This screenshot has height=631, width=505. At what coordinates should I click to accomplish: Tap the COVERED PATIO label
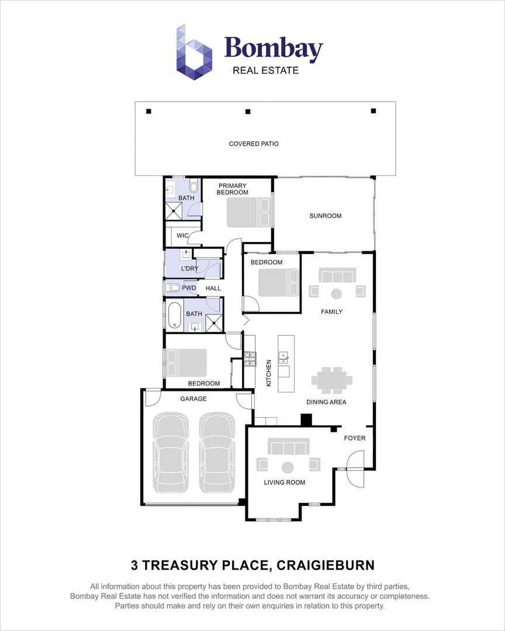click(254, 144)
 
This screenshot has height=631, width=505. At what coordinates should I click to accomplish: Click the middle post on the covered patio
click(248, 111)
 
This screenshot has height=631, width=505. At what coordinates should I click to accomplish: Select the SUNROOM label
click(325, 216)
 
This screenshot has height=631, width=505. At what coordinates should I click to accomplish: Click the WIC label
click(182, 235)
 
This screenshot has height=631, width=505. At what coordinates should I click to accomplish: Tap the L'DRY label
click(189, 269)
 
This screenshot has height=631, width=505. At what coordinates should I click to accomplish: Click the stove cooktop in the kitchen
click(250, 359)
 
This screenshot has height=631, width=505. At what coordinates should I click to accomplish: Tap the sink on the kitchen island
click(283, 356)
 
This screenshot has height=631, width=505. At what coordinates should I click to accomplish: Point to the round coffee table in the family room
click(337, 293)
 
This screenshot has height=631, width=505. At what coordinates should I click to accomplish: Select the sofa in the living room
click(288, 448)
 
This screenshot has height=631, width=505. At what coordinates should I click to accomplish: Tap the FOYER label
click(354, 438)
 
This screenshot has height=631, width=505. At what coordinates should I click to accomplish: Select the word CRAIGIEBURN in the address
click(325, 565)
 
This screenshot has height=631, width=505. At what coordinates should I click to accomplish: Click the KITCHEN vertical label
click(269, 373)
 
